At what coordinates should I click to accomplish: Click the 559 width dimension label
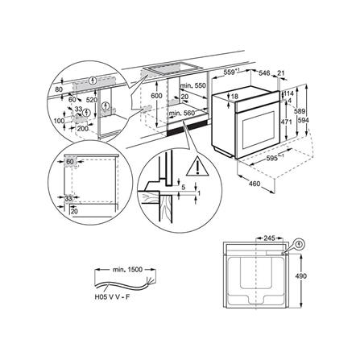(229, 72)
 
